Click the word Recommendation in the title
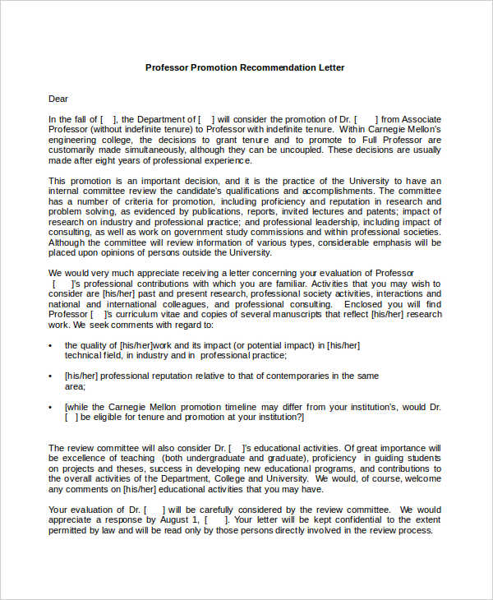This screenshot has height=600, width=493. (274, 67)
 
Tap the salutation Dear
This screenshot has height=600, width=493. (58, 99)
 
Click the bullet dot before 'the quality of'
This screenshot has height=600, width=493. (51, 345)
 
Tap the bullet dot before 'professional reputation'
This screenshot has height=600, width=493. (51, 376)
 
